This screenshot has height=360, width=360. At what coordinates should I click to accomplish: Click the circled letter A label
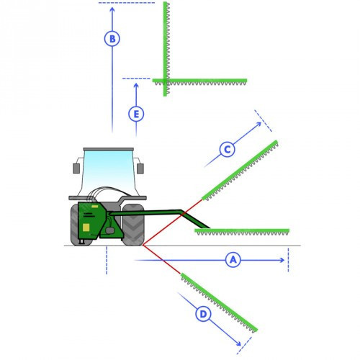(x=233, y=260)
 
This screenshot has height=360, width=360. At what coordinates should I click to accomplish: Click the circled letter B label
(x=112, y=39)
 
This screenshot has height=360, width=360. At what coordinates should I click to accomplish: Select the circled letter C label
(x=227, y=149)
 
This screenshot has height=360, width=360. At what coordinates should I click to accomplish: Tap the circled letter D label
(x=203, y=314)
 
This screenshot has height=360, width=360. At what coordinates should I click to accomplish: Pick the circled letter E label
(x=136, y=114)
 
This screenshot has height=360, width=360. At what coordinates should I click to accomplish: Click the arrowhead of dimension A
(x=282, y=260)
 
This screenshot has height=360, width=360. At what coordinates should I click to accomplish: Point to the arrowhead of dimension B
(x=112, y=9)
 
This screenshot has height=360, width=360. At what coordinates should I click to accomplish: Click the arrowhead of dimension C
(x=259, y=125)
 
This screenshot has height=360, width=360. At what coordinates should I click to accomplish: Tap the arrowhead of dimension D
(x=239, y=343)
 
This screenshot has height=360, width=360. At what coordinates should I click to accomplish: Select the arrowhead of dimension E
(x=136, y=86)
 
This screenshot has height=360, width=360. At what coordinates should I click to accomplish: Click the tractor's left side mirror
(x=76, y=168)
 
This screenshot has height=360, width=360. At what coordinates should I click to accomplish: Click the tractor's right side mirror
(x=140, y=168)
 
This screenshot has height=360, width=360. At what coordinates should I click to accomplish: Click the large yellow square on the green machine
(x=86, y=228)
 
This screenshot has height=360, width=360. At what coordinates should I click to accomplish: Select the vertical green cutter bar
(x=166, y=49)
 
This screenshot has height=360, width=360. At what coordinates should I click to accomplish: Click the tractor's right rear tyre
(x=133, y=225)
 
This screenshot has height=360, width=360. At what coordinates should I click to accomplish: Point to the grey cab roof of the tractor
(x=108, y=149)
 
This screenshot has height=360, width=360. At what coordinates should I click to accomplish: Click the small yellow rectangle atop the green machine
(x=95, y=207)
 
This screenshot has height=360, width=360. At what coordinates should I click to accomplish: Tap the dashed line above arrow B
(x=127, y=3)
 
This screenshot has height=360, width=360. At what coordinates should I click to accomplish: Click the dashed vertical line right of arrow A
(x=288, y=260)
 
